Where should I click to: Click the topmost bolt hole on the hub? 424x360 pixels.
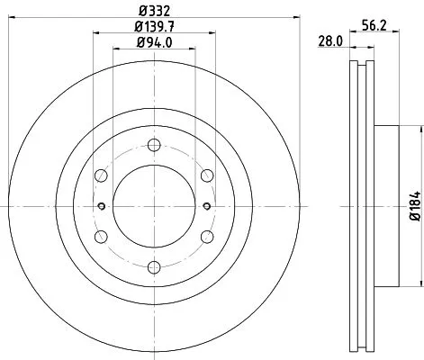coord(154,146)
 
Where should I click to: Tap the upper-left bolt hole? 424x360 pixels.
coord(102,175)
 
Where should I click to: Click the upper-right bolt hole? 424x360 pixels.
coord(206,175)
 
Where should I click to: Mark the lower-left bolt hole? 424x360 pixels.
coord(102,236)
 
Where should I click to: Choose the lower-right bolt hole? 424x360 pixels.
coord(206,236)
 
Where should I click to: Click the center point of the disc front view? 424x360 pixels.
coord(154,205)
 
